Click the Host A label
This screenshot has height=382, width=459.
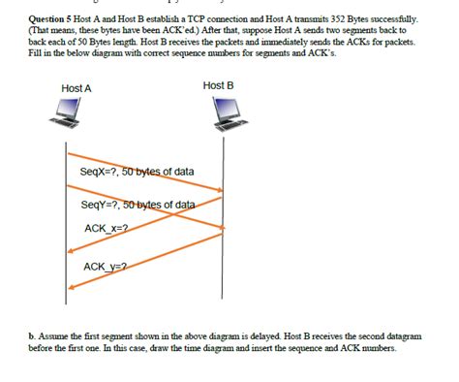(76, 88)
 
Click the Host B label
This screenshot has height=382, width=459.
(218, 85)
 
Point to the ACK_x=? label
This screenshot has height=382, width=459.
(107, 230)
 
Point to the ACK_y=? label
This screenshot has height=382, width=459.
(105, 266)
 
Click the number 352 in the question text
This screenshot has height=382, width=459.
(326, 17)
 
